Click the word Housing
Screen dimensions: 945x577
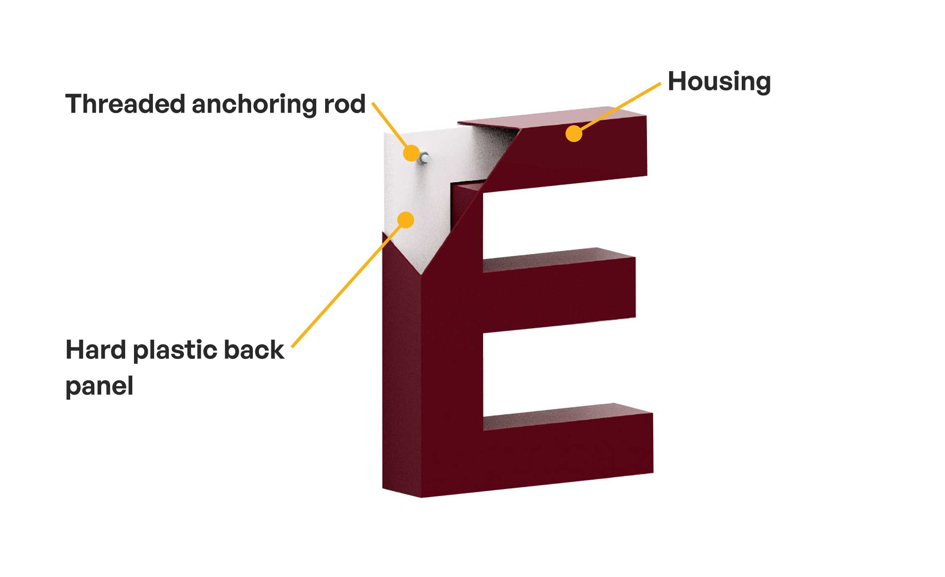719,82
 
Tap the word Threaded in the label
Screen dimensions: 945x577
125,104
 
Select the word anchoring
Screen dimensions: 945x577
255,105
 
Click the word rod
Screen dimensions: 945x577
344,104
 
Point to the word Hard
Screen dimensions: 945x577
96,350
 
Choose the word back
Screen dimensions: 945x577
254,350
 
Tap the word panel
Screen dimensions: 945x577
99,386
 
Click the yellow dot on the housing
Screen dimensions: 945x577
574,134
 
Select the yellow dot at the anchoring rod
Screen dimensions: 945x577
411,153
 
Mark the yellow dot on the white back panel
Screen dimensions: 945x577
406,220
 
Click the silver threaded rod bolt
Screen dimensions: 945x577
424,158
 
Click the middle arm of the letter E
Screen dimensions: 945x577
559,290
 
